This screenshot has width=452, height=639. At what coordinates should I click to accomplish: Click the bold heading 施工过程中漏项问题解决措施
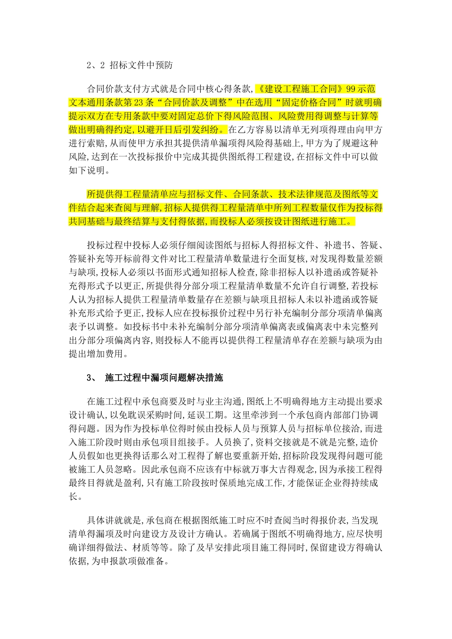[164, 378]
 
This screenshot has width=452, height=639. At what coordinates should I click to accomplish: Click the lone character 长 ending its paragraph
[74, 497]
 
